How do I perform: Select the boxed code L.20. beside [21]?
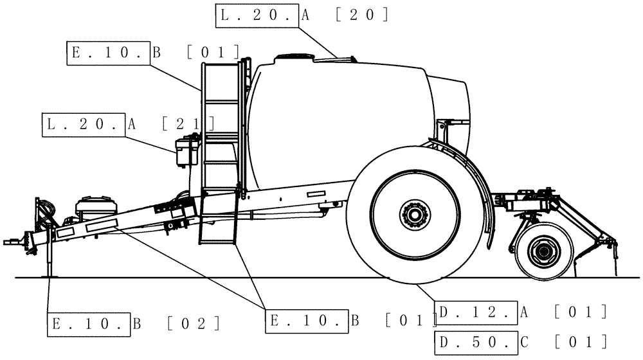[83, 125]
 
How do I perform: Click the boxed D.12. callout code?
[476, 312]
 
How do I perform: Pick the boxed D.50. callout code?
[476, 341]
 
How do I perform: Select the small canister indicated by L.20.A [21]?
[186, 153]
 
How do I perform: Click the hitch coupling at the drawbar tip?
[12, 242]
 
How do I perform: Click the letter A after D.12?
[523, 312]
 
